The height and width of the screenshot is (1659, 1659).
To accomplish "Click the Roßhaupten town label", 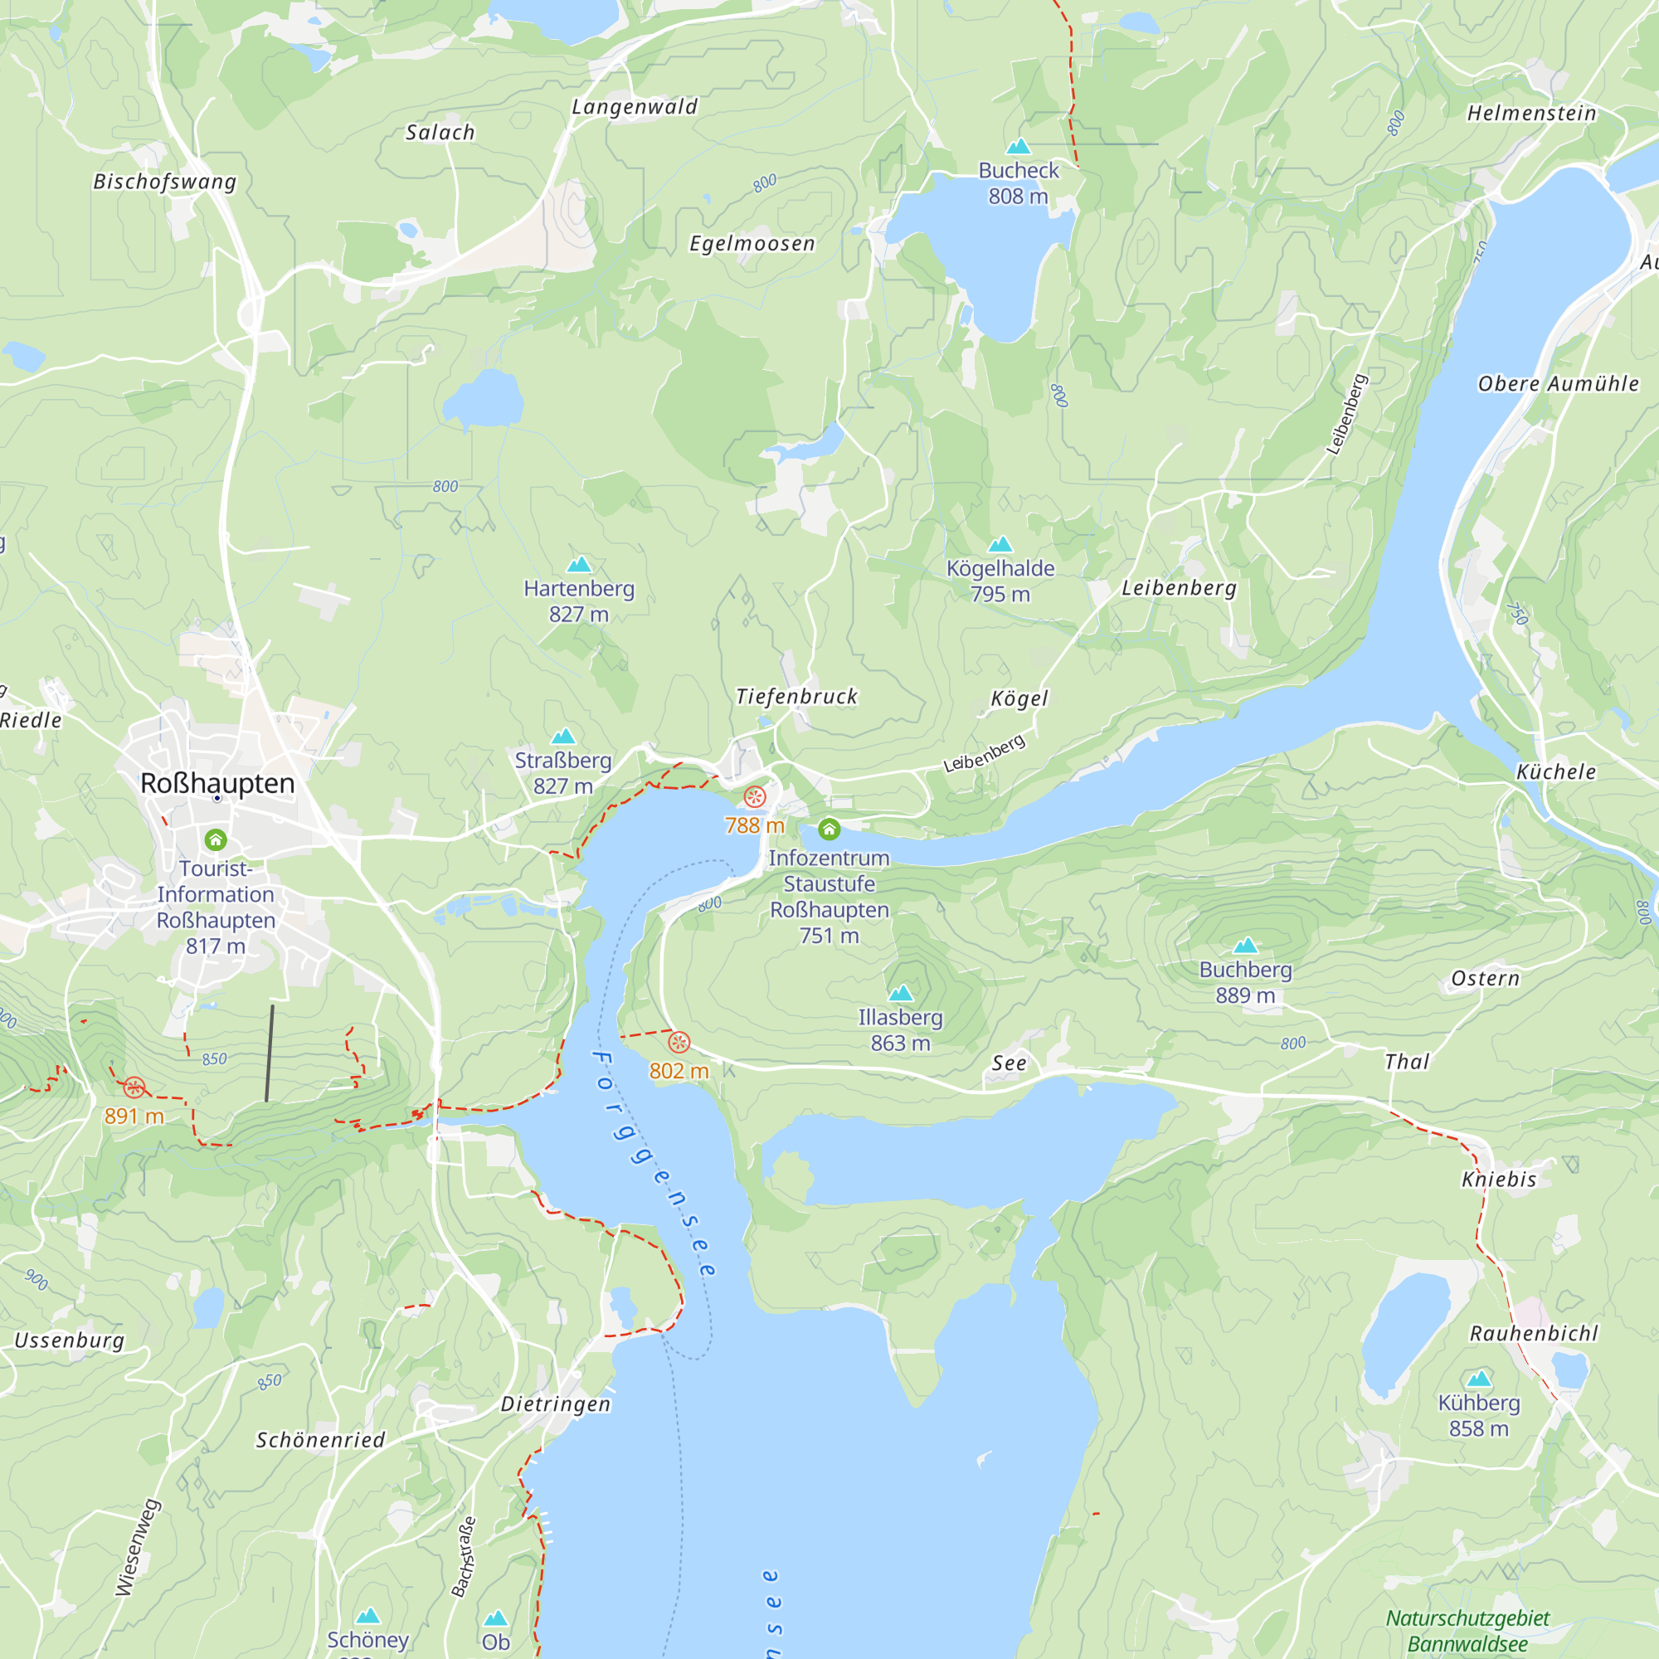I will point(217,783).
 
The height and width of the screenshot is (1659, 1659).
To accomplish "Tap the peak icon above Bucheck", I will point(1019,146).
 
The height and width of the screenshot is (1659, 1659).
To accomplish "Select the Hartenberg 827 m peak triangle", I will point(580,564).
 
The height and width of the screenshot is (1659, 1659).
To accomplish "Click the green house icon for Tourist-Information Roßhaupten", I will point(216,839).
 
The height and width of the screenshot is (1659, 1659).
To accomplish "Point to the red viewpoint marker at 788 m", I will point(755,797).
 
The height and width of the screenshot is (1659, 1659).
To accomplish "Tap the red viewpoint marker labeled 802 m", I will point(679,1043).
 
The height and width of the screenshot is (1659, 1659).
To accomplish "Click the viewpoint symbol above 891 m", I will point(134,1088).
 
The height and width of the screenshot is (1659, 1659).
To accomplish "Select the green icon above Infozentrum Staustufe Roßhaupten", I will point(829,829).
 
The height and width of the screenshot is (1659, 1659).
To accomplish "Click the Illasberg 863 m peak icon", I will point(901,994).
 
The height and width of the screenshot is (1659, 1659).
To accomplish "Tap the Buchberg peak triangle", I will point(1245,946).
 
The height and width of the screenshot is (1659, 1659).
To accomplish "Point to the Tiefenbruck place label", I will point(796,697).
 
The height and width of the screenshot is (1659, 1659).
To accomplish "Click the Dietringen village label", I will point(556,1404).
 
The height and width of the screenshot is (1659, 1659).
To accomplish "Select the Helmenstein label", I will point(1531,114).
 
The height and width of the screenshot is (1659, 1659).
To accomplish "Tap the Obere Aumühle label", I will point(1558,384).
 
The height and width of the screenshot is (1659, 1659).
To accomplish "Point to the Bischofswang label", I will point(165,182).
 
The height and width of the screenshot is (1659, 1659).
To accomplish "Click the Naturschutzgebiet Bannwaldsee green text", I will point(1467,1631).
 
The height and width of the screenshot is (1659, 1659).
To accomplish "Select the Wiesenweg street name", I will point(138,1546).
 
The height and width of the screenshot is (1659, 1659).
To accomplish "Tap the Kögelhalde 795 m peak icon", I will point(1000,544).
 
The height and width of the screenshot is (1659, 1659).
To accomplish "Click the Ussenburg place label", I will point(70,1340).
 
